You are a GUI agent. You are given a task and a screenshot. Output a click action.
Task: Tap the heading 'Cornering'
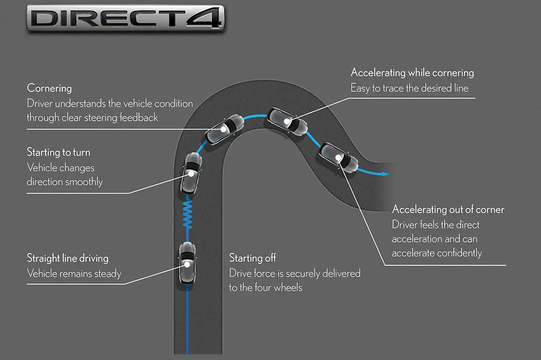[49, 88]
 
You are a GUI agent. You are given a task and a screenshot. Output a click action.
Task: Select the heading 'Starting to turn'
[60, 153]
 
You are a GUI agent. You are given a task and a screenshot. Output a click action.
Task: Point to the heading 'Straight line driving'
[68, 258]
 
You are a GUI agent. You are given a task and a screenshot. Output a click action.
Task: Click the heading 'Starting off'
[253, 258]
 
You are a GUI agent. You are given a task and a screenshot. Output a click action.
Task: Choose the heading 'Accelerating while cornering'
[412, 73]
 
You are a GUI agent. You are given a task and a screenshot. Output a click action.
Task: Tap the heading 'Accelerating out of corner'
[448, 210]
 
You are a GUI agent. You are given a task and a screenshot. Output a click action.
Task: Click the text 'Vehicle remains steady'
[74, 274]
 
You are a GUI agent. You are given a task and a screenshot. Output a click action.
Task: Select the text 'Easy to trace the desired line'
[410, 88]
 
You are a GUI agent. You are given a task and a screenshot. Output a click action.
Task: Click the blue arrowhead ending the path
[385, 174]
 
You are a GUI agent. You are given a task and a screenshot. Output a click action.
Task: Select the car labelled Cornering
[223, 128]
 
